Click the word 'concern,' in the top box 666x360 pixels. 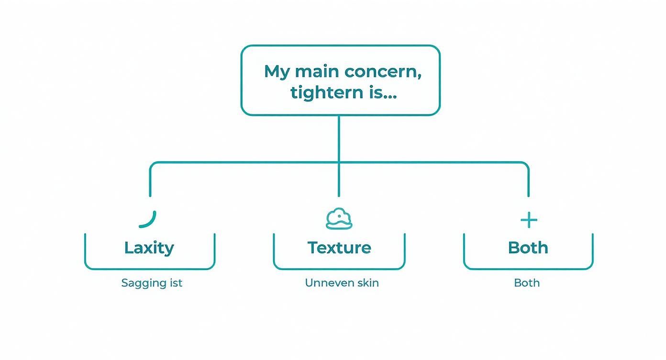[x=383, y=72]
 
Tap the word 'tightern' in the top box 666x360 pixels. [x=326, y=92]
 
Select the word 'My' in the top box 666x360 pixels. [x=277, y=72]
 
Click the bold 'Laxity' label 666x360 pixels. [x=149, y=247]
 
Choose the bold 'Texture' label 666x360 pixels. [x=339, y=247]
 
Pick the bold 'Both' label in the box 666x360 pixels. [x=528, y=247]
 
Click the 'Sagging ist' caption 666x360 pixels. [x=152, y=283]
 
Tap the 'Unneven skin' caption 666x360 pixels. [x=342, y=282]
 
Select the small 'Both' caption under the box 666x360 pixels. [x=527, y=282]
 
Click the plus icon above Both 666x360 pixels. [x=529, y=220]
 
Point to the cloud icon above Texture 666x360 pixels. [x=339, y=219]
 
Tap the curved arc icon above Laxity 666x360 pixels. [x=148, y=219]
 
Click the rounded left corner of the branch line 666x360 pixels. [x=153, y=165]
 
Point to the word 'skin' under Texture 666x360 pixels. [x=368, y=282]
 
